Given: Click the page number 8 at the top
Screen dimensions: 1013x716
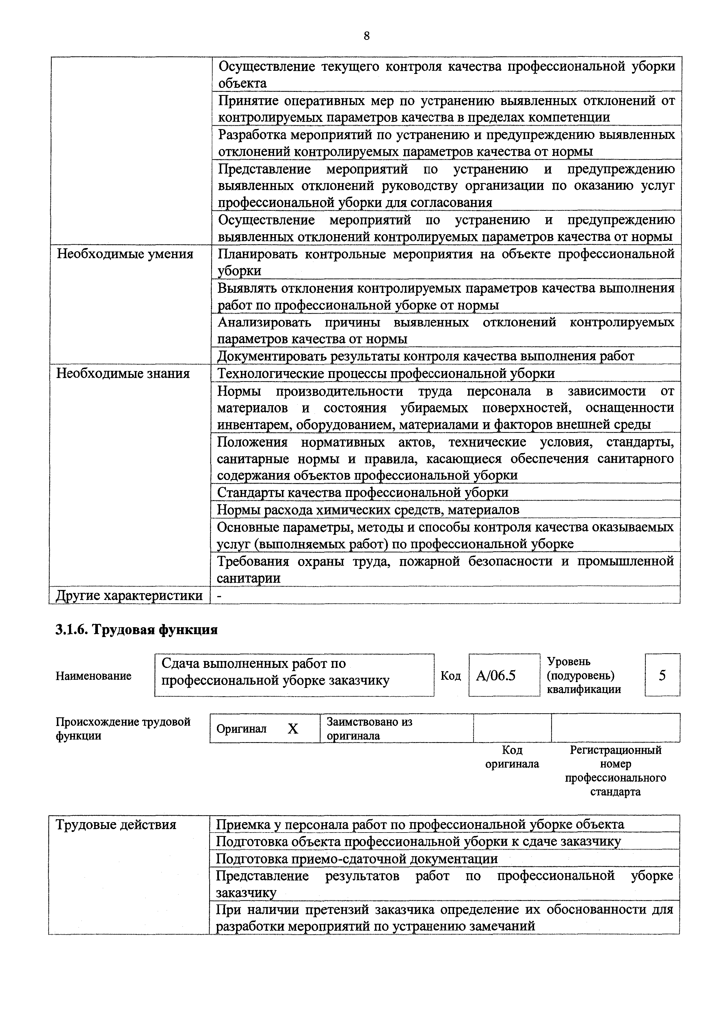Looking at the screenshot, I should click(x=367, y=36).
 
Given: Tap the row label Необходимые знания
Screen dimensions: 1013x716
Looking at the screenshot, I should click(x=123, y=373).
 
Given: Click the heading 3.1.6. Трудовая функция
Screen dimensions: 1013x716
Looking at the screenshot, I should click(x=136, y=630).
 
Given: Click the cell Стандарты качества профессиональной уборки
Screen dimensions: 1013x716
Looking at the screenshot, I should click(x=363, y=492).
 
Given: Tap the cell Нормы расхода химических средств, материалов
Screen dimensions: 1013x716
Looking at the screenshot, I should click(x=368, y=510).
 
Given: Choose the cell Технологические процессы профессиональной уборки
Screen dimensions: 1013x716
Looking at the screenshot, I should click(x=386, y=374).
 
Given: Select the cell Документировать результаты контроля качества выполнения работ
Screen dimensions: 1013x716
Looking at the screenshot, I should click(x=426, y=356).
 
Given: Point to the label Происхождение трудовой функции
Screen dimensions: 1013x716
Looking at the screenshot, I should click(x=123, y=729).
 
